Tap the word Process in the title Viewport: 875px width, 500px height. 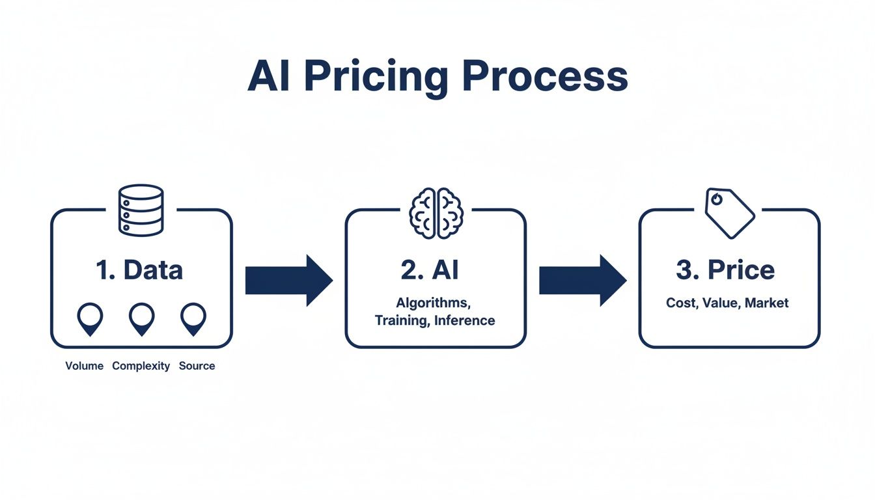(544, 77)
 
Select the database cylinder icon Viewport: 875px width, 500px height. (141, 210)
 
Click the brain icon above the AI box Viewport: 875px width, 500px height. (436, 214)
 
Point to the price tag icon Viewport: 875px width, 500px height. (730, 213)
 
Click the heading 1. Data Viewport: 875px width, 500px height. (139, 270)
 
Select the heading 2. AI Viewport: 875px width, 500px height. (430, 270)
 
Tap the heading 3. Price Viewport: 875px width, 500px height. (725, 270)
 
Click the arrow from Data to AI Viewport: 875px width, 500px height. (288, 281)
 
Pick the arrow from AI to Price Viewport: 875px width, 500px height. (582, 281)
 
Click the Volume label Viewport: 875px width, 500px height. (85, 366)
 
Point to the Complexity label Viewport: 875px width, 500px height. (141, 366)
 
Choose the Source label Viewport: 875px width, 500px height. (197, 366)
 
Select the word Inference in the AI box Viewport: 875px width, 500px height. (464, 320)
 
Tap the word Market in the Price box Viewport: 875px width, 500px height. (767, 303)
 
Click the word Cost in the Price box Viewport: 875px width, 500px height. (680, 303)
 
